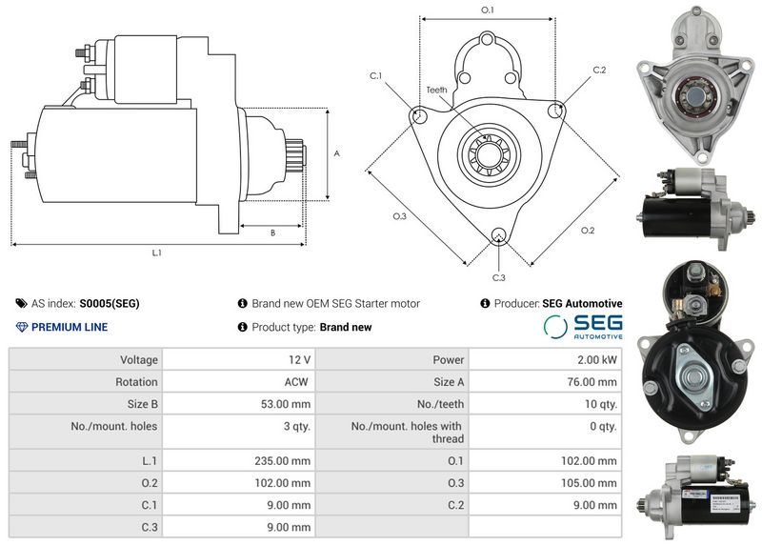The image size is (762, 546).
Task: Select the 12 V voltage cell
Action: click(x=299, y=360)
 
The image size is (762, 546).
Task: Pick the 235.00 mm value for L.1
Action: click(x=285, y=460)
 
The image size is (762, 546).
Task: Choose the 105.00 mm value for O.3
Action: click(x=592, y=482)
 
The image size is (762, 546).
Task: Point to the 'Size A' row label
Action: click(x=449, y=381)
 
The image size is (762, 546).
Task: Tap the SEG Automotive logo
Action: click(x=583, y=327)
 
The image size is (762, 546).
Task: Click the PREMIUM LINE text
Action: click(x=70, y=327)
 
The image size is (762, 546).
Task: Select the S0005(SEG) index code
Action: click(x=110, y=304)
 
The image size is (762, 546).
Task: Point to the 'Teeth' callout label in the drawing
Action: click(x=436, y=90)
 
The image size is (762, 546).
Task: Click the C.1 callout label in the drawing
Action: click(x=375, y=75)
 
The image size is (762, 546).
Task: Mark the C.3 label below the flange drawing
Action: click(x=498, y=277)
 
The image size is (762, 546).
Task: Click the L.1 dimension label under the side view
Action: click(x=157, y=253)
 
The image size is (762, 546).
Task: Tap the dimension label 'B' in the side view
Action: click(x=272, y=233)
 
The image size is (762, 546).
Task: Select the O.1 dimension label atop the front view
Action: click(x=487, y=10)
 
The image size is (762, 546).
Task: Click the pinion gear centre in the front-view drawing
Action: click(x=488, y=152)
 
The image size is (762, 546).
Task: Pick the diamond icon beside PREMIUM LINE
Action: click(x=23, y=327)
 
